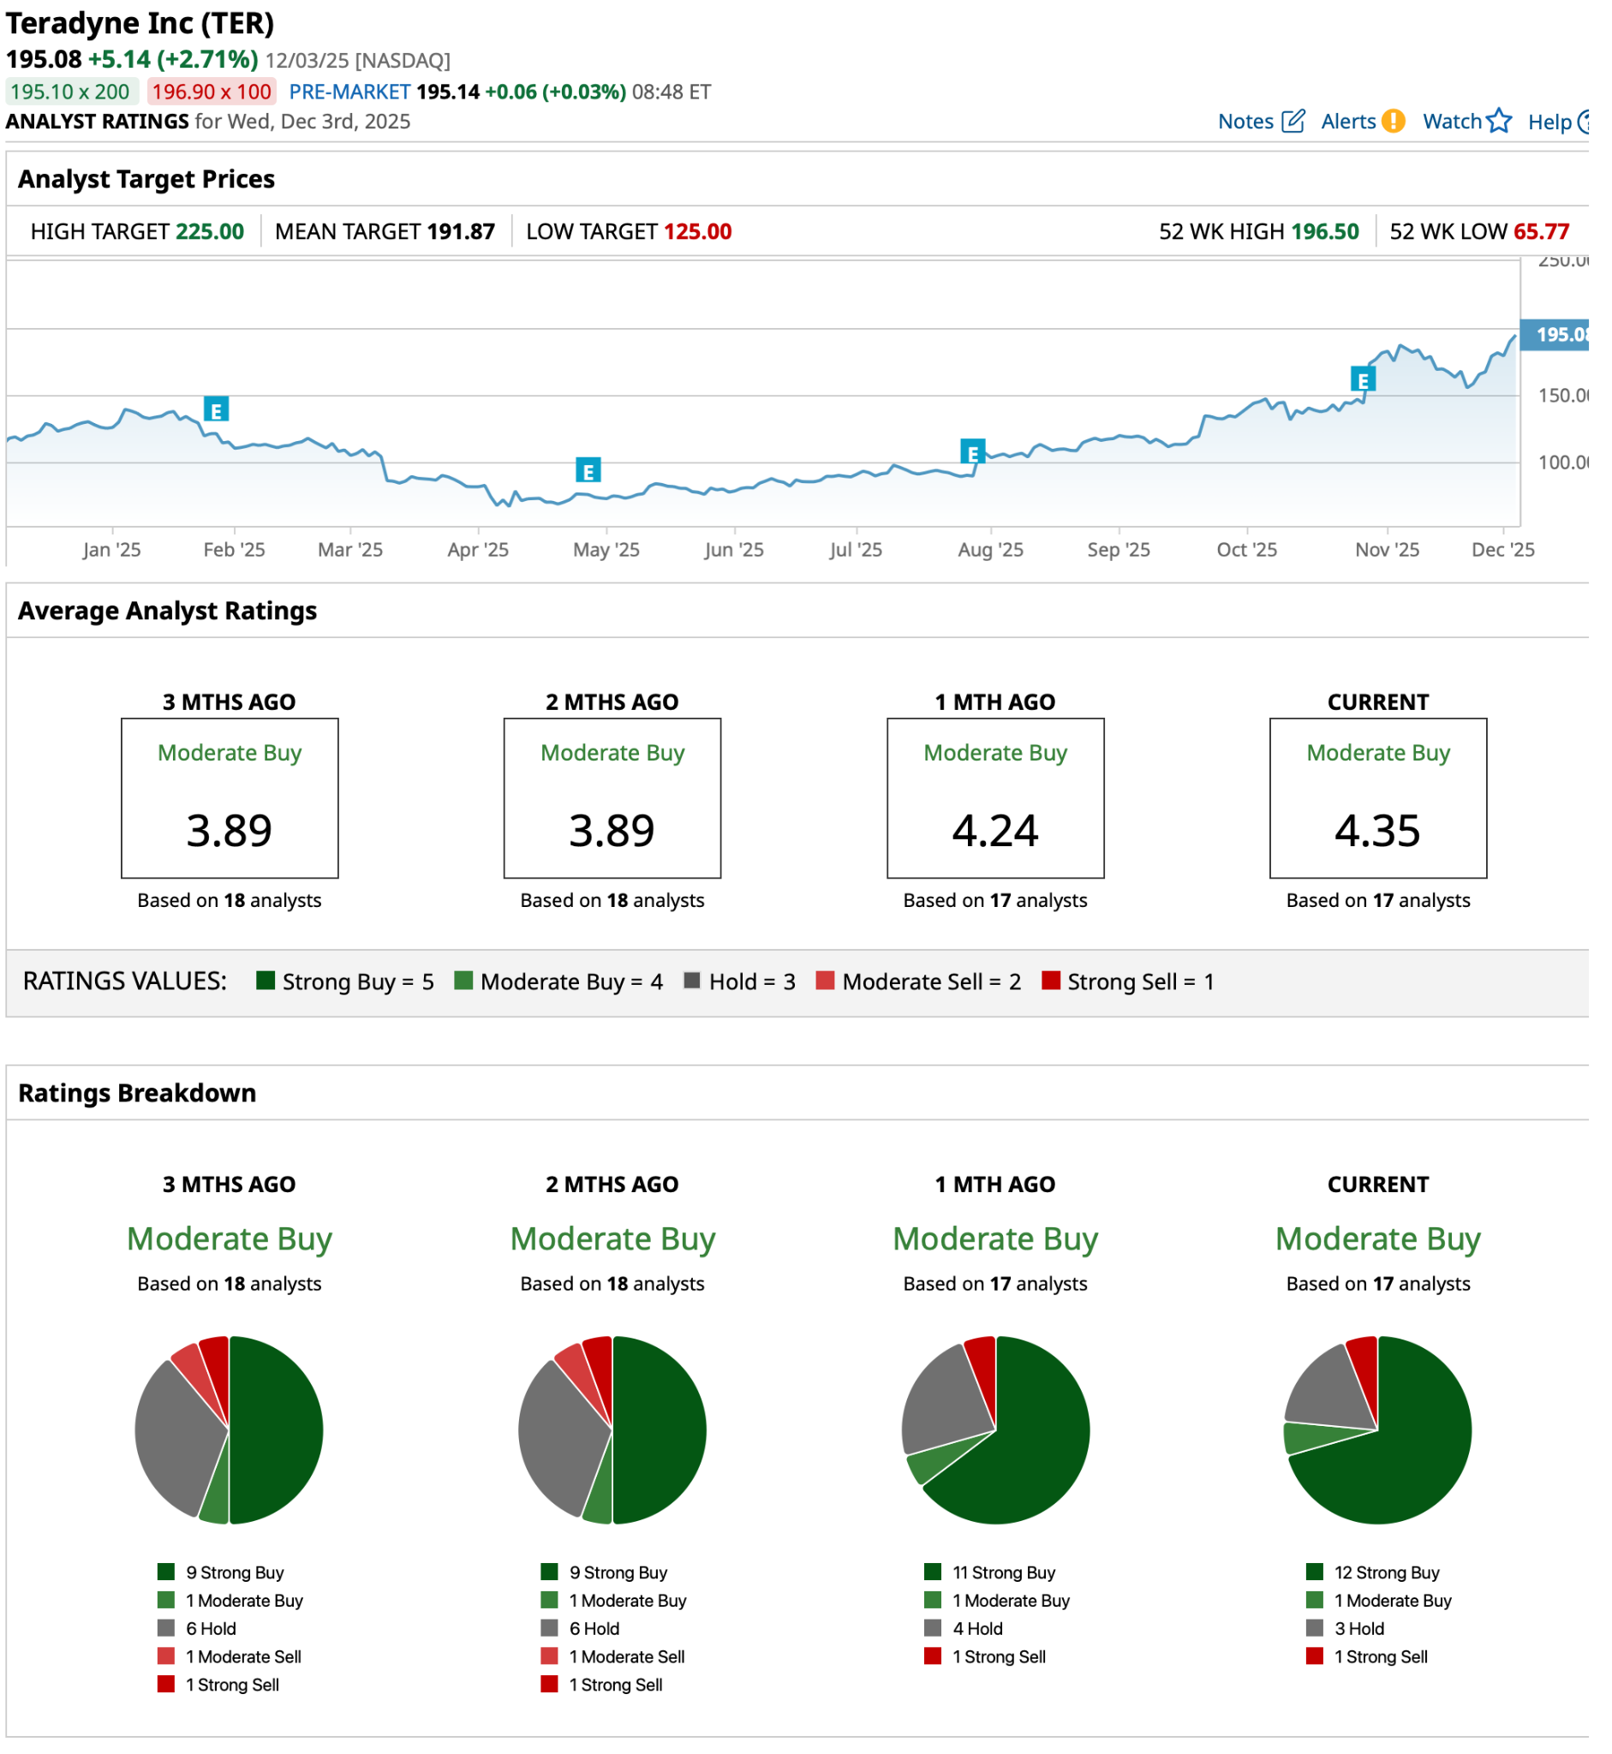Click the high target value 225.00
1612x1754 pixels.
[x=212, y=234]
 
